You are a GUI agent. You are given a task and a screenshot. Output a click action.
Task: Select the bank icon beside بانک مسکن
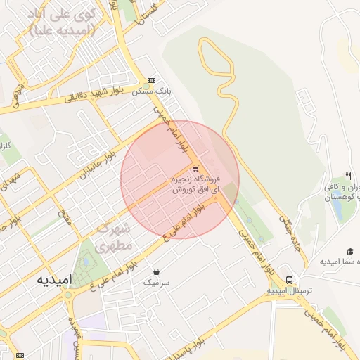pos(152,81)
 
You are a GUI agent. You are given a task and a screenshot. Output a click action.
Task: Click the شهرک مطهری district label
pos(114,238)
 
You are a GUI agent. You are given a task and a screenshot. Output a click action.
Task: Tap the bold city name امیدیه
pos(53,278)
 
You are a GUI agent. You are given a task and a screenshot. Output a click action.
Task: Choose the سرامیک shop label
pos(156,281)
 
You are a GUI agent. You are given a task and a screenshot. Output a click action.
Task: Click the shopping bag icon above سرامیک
pos(156,271)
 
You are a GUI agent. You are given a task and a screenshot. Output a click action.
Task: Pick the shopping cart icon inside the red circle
pos(195,168)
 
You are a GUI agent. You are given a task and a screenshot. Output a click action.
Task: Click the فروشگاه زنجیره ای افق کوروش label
pos(197,184)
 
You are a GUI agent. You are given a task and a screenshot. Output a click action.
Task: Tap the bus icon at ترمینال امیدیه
pos(289,278)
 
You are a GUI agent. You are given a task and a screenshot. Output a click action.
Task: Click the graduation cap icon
pos(349,251)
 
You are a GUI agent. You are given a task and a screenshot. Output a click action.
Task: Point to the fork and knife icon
pos(347,175)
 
